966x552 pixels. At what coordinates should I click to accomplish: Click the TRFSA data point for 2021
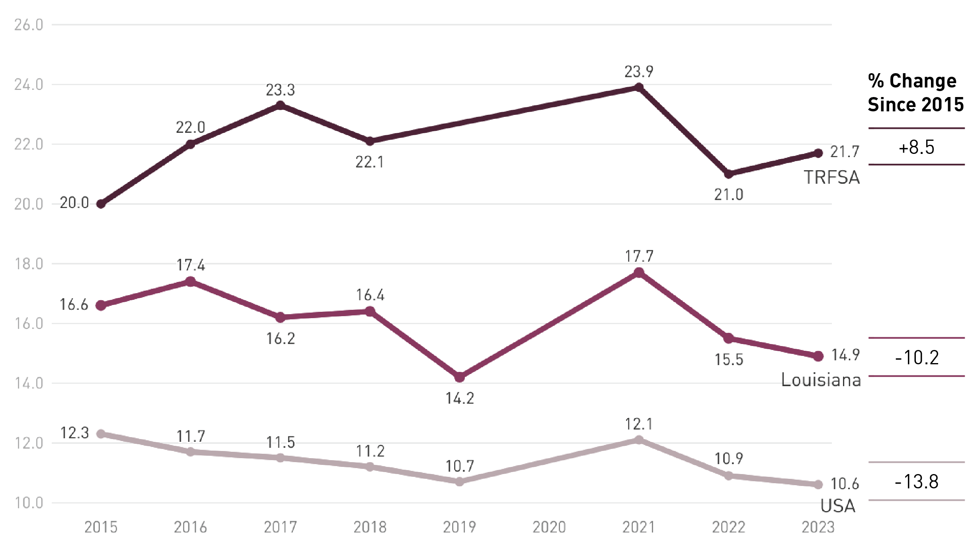[x=639, y=87]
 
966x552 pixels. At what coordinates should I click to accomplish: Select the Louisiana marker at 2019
[x=459, y=377]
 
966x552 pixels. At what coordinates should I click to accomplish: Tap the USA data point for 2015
[x=101, y=433]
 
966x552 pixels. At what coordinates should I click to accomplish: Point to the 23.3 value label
[x=280, y=90]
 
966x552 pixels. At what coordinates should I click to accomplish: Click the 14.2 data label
[x=460, y=398]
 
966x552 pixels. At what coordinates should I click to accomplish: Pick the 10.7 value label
[x=460, y=466]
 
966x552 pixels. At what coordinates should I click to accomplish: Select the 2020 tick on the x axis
[x=549, y=527]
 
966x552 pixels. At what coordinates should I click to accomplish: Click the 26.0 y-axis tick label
[x=29, y=25]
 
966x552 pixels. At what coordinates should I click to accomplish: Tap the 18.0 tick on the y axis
[x=29, y=264]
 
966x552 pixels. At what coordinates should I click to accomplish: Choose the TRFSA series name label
[x=832, y=177]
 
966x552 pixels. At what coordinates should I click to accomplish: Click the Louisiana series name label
[x=821, y=380]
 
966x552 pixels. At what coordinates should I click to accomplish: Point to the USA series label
[x=838, y=506]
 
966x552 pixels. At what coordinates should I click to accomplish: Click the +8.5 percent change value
[x=916, y=148]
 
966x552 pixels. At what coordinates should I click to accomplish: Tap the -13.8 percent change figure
[x=917, y=482]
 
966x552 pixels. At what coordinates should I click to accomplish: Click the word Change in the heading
[x=923, y=81]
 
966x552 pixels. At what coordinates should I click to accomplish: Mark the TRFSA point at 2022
[x=728, y=174]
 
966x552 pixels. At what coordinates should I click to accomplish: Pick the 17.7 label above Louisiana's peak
[x=639, y=257]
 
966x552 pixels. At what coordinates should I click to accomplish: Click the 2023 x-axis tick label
[x=818, y=527]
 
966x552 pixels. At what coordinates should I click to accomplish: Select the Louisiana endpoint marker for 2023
[x=818, y=356]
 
